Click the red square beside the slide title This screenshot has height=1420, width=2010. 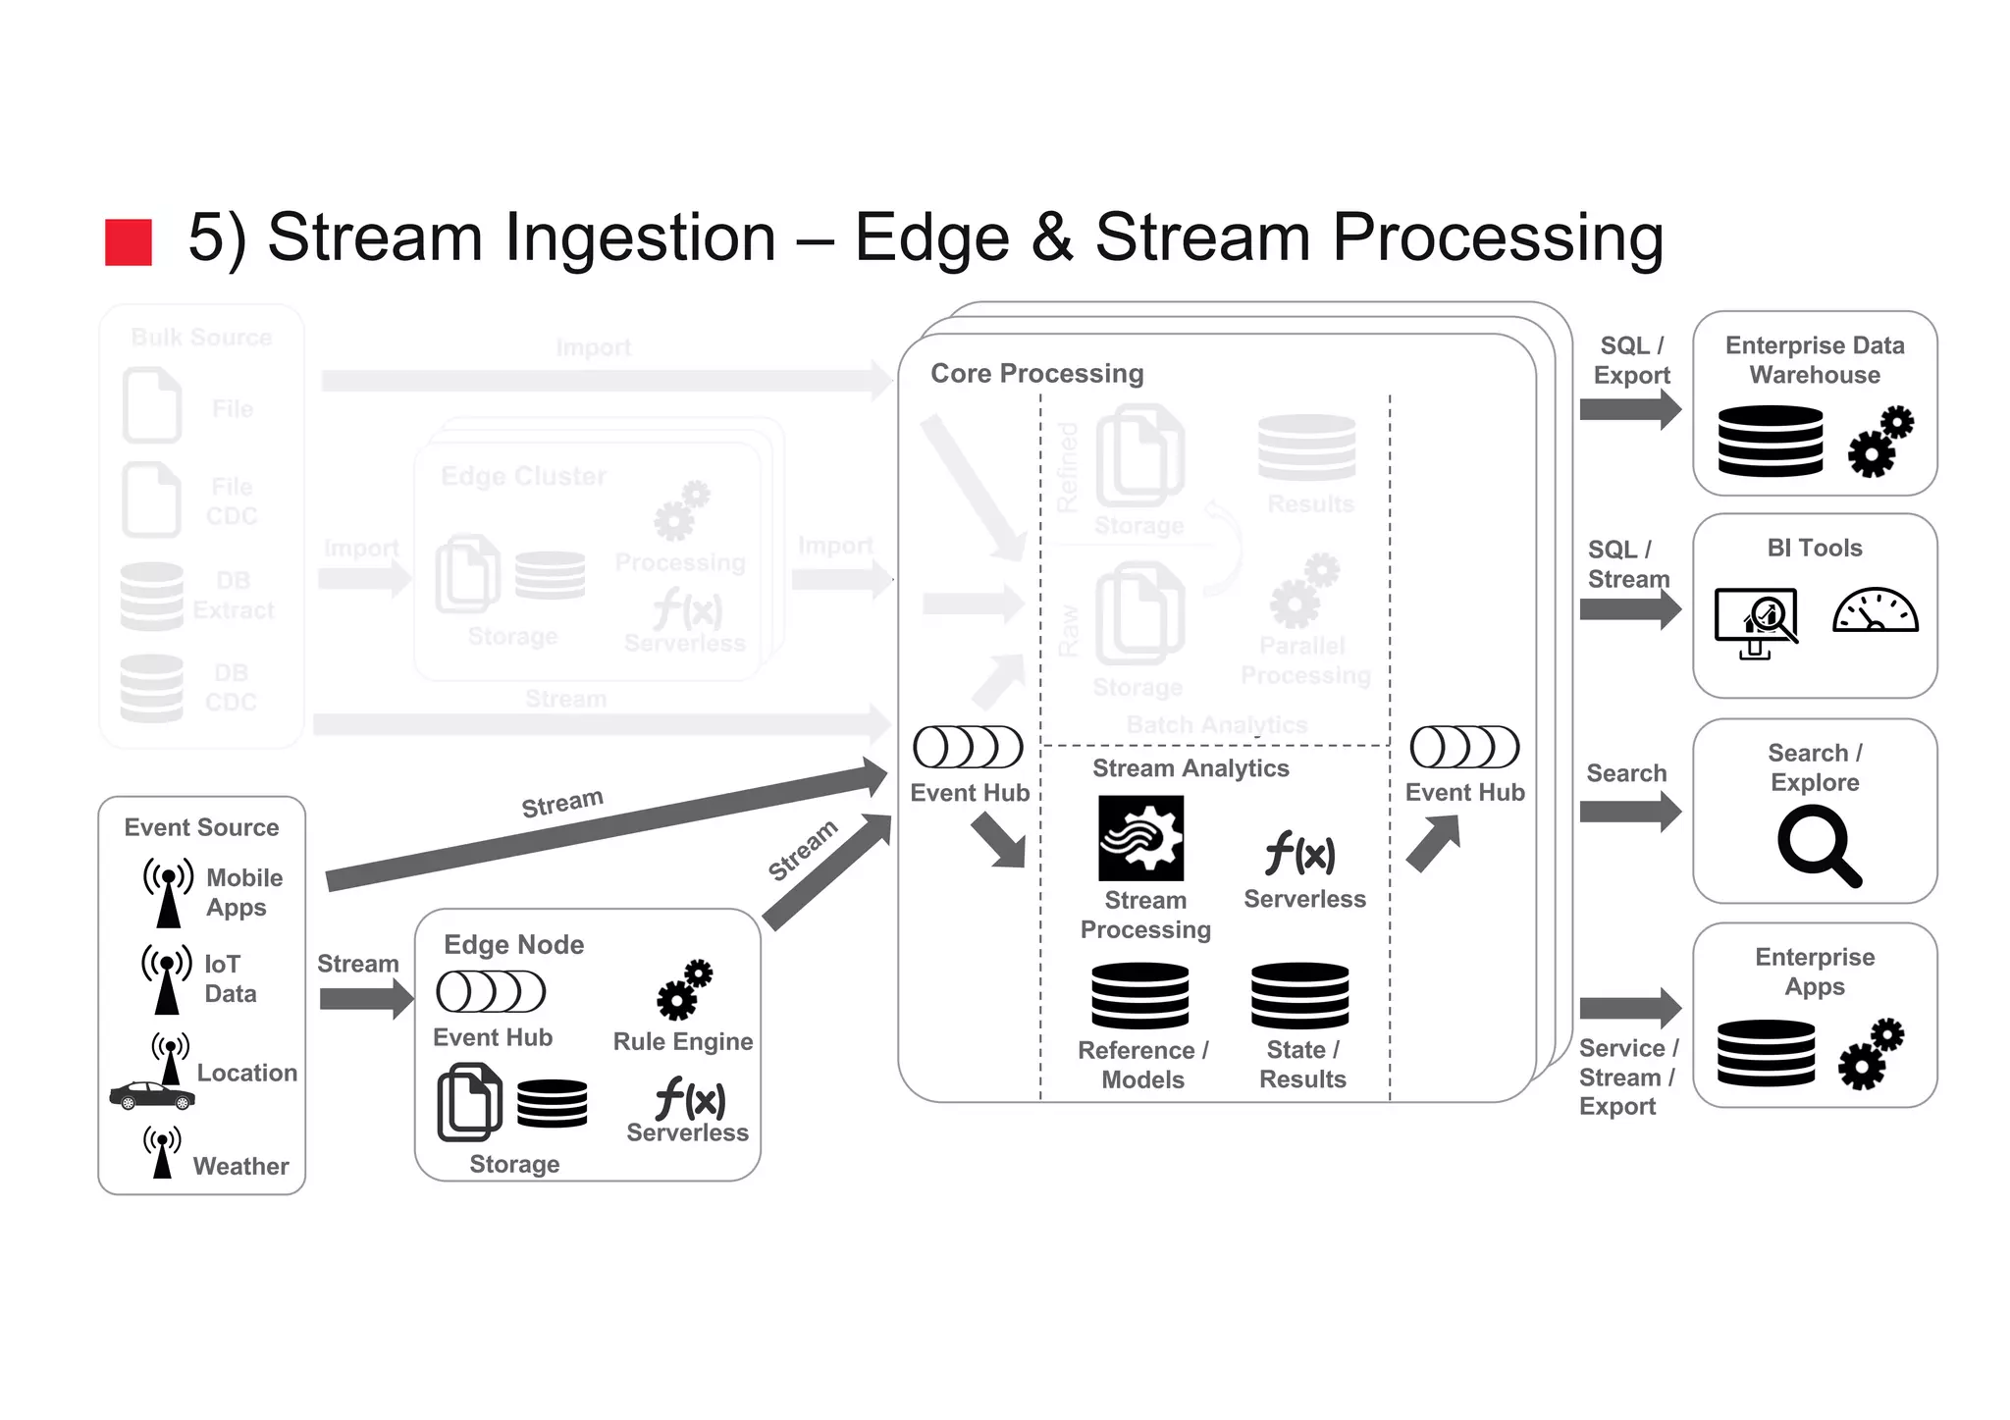coord(129,242)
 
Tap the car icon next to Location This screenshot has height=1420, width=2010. coord(152,1095)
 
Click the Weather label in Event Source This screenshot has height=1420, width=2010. coord(240,1166)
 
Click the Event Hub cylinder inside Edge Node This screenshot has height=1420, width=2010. coord(491,992)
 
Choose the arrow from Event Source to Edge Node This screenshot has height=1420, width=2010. coord(365,999)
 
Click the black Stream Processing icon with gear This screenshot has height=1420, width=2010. coord(1140,838)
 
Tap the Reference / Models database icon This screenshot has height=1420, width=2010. coord(1140,995)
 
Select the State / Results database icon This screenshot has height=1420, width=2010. coord(1299,995)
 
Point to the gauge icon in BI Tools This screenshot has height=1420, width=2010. coord(1875,611)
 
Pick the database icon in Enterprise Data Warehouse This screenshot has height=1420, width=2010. coord(1771,441)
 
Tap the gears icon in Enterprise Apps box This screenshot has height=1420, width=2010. coord(1871,1054)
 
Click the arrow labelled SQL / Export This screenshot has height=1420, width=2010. coord(1629,409)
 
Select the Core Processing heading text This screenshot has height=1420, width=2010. coord(1036,374)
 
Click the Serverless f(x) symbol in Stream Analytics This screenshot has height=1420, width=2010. coord(1300,853)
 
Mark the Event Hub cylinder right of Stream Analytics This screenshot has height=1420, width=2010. coord(1464,748)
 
